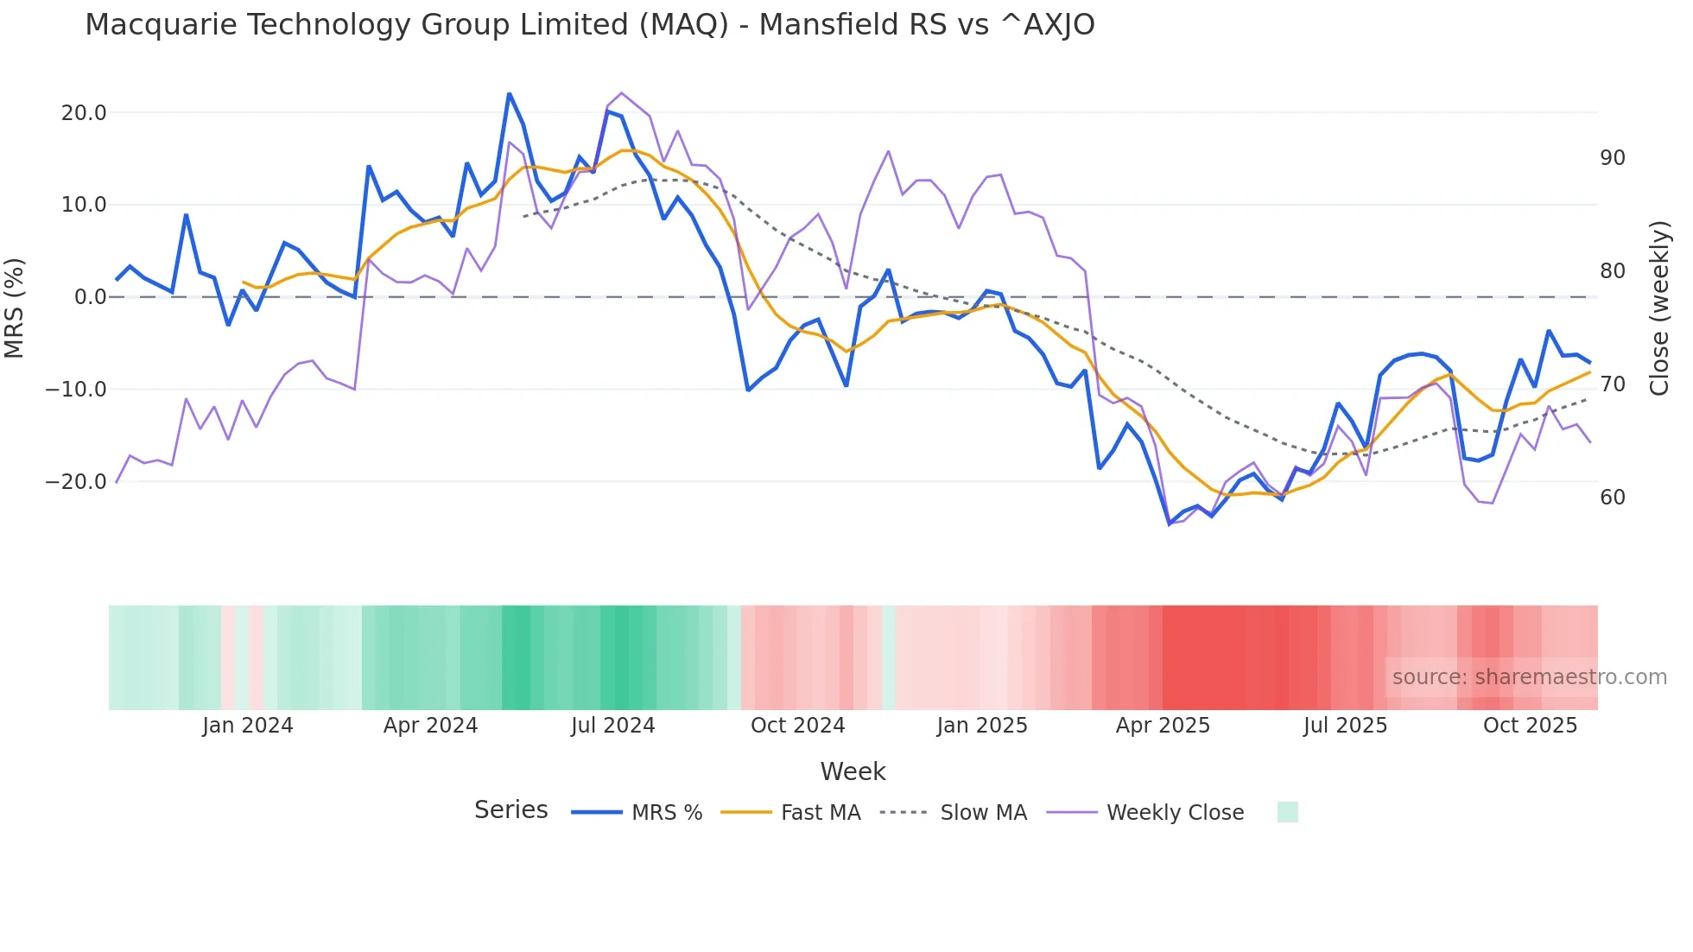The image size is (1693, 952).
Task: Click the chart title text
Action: [x=589, y=25]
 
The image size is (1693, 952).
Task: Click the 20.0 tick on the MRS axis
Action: [x=84, y=113]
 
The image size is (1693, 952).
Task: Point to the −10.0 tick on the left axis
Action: [x=76, y=390]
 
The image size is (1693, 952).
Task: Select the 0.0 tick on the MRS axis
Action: [x=90, y=297]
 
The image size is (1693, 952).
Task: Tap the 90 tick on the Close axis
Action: [x=1613, y=158]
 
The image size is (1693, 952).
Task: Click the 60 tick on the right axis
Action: [x=1613, y=498]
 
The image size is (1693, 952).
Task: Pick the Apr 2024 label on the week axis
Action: [x=430, y=726]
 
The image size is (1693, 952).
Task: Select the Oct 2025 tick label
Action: [x=1530, y=726]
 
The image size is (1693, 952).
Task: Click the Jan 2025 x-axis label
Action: [x=982, y=726]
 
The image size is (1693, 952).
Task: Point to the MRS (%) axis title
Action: [x=15, y=308]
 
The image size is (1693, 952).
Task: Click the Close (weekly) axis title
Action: [x=1659, y=308]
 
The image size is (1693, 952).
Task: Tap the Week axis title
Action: [x=853, y=771]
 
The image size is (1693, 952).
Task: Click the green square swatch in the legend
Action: [x=1287, y=813]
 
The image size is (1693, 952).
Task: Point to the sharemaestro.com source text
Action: [x=1529, y=677]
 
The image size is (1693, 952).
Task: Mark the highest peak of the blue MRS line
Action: [x=510, y=93]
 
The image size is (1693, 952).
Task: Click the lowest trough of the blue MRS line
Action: [x=1170, y=524]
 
